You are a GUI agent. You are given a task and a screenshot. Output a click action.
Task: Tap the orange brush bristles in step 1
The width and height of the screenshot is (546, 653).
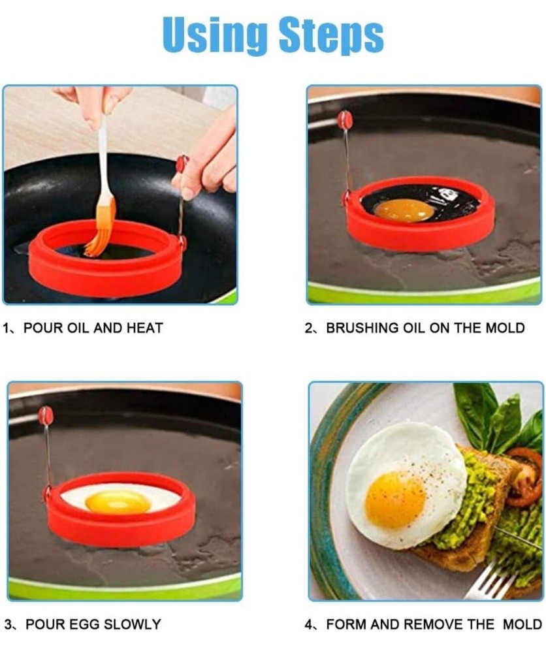tap(100, 229)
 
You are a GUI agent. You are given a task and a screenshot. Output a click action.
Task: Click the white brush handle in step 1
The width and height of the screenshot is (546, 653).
tap(103, 157)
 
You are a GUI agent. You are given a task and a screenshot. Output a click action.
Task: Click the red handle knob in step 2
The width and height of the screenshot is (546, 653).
tap(345, 119)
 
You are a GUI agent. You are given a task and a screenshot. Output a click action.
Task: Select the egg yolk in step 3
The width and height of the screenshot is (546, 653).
tap(118, 502)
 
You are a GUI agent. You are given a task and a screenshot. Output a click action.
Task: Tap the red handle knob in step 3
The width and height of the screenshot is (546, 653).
tap(46, 415)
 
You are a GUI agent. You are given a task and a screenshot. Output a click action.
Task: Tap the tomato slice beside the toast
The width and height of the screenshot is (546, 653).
tap(526, 477)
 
